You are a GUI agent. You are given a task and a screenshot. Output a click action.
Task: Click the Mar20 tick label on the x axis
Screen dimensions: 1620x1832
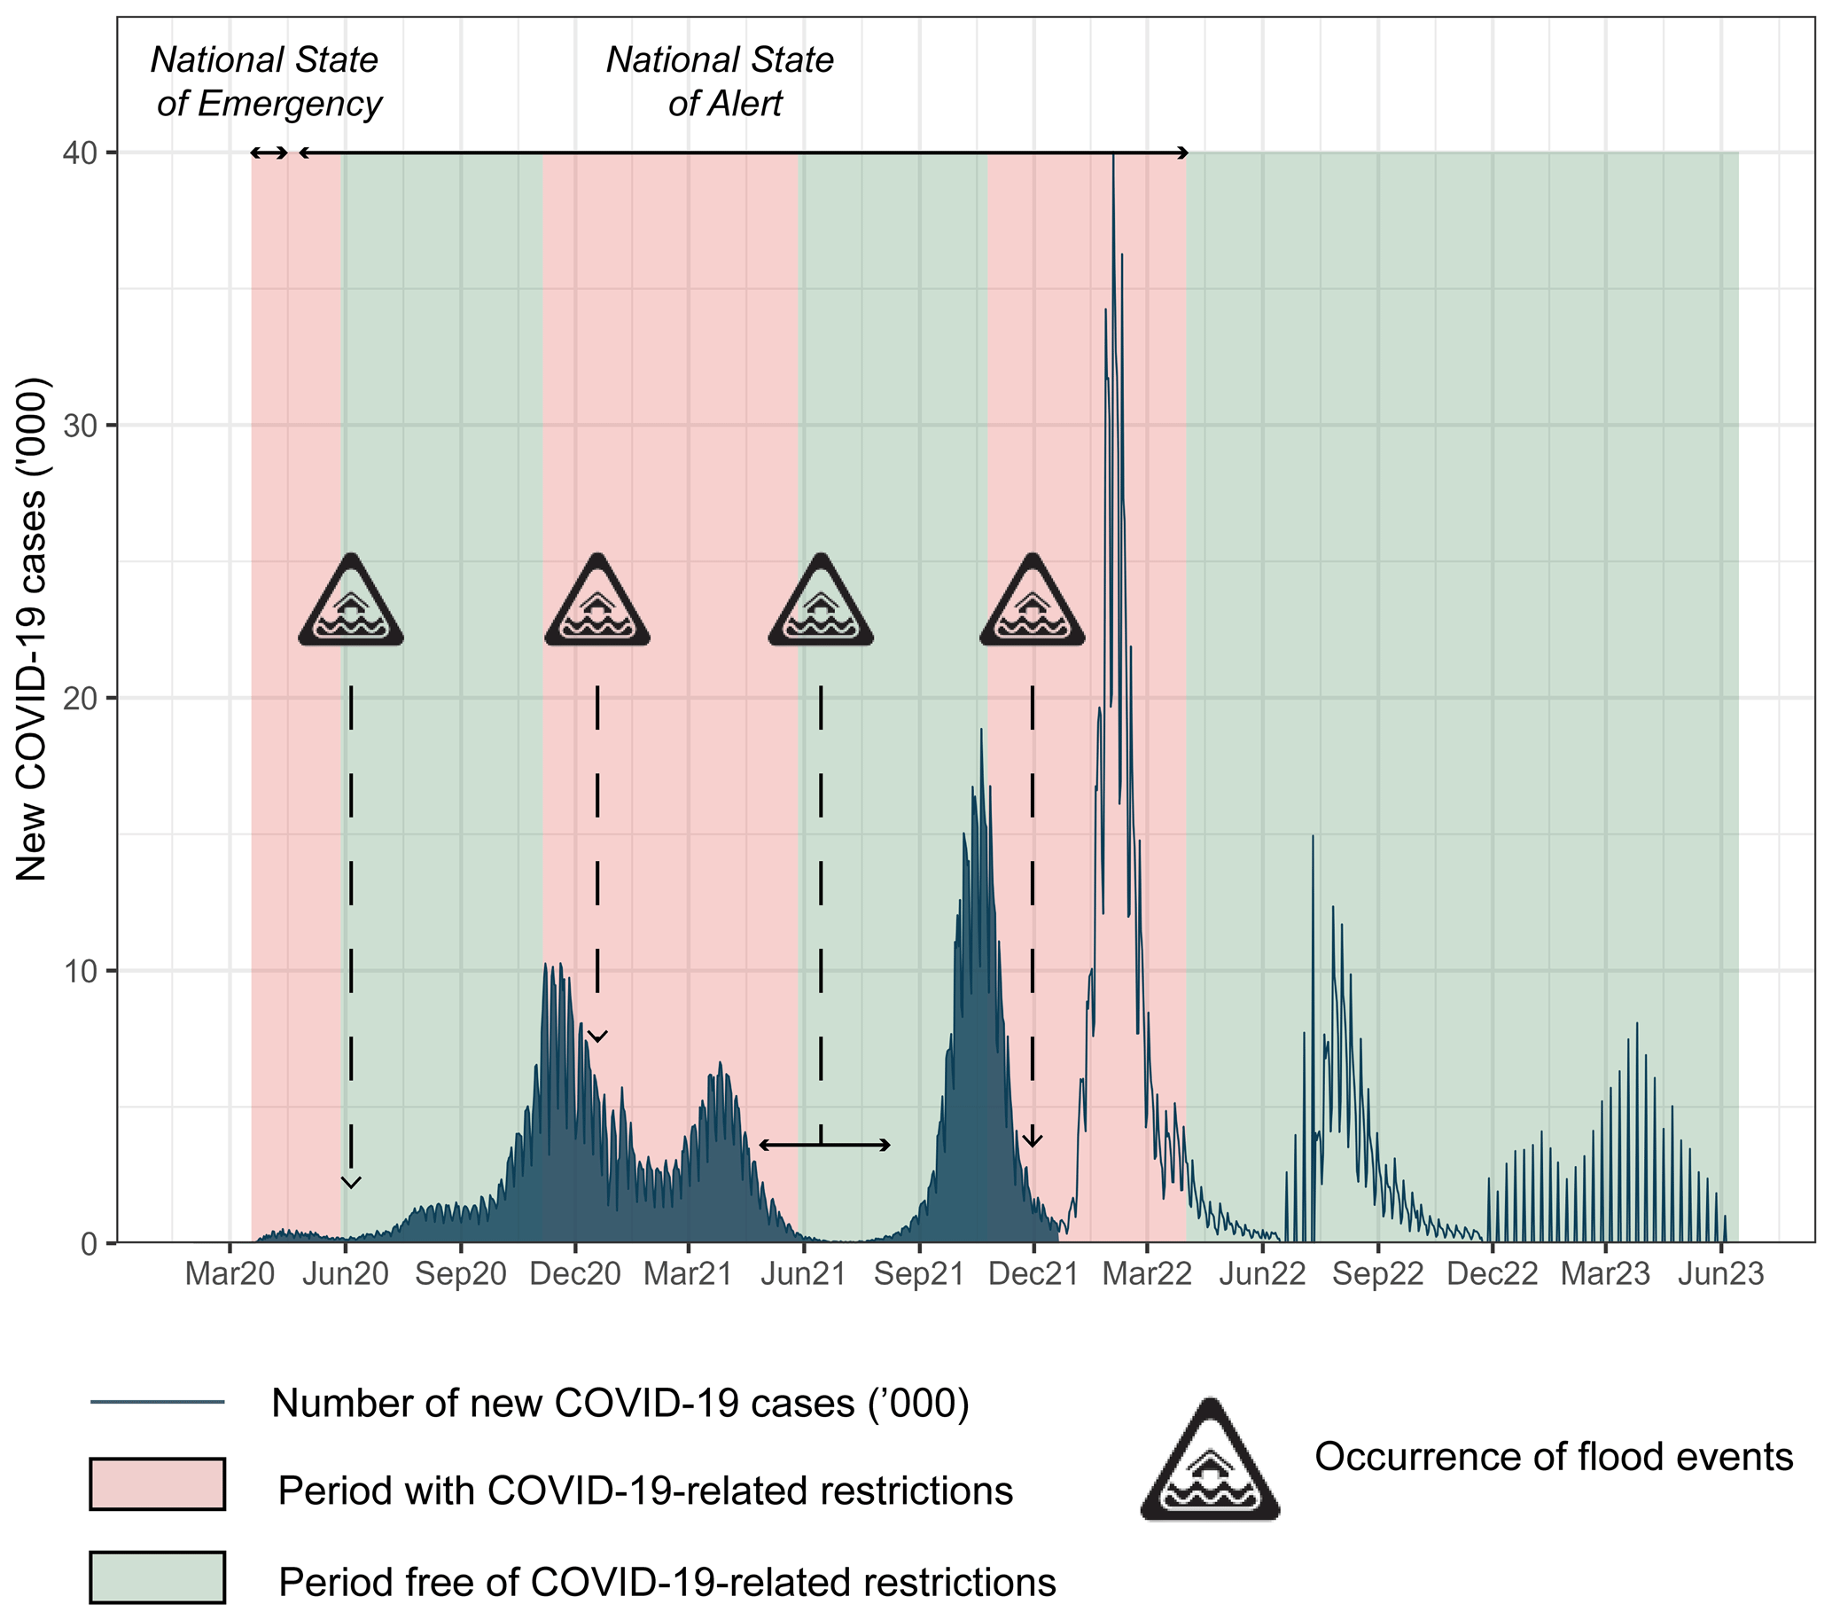(x=230, y=1274)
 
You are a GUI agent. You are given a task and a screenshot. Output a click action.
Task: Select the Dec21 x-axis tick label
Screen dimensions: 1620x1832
(x=1033, y=1274)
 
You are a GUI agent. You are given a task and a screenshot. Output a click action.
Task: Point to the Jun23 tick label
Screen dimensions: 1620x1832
(x=1720, y=1274)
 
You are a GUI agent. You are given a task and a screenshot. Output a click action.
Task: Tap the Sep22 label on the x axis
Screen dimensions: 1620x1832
(x=1376, y=1274)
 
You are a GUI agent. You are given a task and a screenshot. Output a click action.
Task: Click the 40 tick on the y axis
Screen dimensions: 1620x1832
(x=79, y=153)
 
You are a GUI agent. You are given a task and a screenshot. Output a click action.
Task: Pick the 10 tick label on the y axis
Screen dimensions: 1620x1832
(x=79, y=971)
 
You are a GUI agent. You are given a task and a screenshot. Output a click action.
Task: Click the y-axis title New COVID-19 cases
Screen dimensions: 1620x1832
(x=32, y=628)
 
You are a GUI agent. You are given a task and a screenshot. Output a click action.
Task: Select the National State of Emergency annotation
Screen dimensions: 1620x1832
(x=267, y=82)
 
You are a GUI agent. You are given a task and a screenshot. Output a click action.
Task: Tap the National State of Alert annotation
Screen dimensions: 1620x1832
(x=721, y=82)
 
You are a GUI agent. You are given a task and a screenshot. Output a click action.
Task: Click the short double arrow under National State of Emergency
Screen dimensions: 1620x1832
(x=269, y=153)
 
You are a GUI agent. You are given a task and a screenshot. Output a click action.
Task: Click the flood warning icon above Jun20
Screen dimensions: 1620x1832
(x=350, y=601)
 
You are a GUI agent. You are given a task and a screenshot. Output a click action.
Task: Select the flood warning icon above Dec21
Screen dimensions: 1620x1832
(x=1033, y=601)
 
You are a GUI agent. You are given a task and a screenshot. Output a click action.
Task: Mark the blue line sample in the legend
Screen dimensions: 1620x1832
(x=157, y=1402)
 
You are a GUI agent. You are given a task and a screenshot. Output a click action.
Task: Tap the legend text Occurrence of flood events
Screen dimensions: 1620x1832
(x=1554, y=1457)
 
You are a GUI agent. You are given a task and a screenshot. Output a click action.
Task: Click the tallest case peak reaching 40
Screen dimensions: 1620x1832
(x=1112, y=161)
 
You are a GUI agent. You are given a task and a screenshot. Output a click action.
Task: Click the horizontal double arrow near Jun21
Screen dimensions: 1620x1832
(x=823, y=1145)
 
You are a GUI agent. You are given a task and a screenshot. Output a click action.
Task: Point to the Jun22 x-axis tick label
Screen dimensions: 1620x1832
(x=1262, y=1274)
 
